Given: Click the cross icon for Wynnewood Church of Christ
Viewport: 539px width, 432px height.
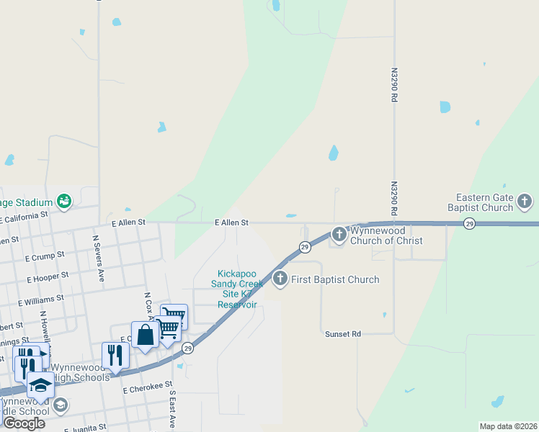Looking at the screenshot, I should coord(339,234).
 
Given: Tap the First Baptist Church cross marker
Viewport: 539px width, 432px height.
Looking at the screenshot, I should coord(280,279).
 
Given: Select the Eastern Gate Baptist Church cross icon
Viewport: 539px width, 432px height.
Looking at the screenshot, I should coord(525,202).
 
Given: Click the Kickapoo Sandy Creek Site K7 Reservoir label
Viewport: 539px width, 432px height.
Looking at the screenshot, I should coord(238,289).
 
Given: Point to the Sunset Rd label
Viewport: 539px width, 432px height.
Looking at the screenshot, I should coord(342,334).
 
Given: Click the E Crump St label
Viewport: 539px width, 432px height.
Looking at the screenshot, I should coord(45,256).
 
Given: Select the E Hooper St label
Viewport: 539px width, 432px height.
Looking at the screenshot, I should coord(48,277).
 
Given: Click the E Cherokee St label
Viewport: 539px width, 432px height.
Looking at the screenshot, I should coord(148,387).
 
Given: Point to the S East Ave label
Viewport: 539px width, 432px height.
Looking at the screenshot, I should coord(173,410).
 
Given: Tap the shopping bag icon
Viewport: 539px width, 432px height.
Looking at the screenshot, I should coord(145,335).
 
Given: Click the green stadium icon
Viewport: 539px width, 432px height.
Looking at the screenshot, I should coord(63,200).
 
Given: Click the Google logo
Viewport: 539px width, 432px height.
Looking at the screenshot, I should coord(24,423).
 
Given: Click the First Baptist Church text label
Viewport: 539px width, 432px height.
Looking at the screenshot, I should coord(335,279).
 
